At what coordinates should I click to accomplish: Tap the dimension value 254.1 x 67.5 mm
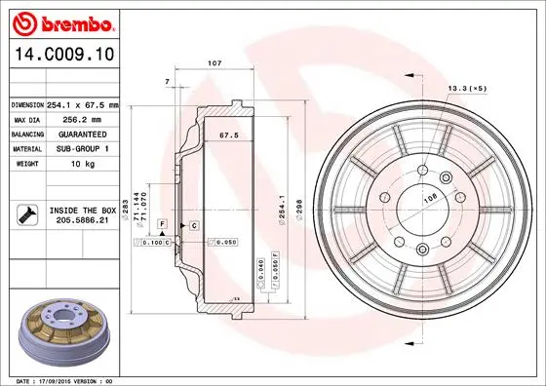pyautogui.click(x=82, y=104)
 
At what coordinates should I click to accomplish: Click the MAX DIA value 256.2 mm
pyautogui.click(x=81, y=119)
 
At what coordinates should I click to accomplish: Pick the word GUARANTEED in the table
pyautogui.click(x=81, y=134)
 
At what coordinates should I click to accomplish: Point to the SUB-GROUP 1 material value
pyautogui.click(x=81, y=148)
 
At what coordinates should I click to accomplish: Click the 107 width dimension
pyautogui.click(x=214, y=64)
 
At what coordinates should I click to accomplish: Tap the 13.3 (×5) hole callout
pyautogui.click(x=466, y=89)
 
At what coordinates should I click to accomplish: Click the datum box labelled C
pyautogui.click(x=195, y=225)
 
